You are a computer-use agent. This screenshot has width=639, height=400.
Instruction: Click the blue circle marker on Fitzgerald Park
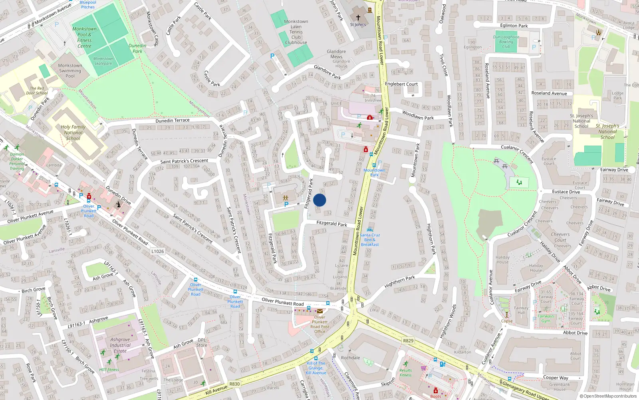pos(319,200)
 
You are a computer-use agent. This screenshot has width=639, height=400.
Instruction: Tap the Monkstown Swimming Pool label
pos(70,71)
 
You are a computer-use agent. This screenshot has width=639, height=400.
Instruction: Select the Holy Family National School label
pos(73,132)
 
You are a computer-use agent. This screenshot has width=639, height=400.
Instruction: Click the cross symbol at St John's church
pos(358,18)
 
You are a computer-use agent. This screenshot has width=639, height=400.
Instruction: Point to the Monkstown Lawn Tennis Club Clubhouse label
pos(296,32)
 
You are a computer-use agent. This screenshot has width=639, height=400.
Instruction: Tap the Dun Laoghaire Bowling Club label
pos(506,42)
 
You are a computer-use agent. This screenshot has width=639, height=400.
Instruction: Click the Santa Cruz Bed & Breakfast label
pos(370,240)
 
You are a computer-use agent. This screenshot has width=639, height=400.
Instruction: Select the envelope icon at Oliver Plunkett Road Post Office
pos(319,311)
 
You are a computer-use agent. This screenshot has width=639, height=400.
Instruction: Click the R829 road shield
pos(408,341)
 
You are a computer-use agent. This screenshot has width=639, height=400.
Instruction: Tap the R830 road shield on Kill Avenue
pos(234,384)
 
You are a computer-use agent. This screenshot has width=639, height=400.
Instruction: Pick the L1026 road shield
pos(158,251)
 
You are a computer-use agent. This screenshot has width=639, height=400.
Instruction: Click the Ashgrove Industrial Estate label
pos(120,345)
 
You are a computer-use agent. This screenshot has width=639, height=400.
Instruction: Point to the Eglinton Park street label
pos(514,26)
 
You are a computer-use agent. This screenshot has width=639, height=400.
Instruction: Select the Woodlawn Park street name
pos(418,116)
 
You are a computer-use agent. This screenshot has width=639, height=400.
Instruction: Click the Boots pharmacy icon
pos(435,391)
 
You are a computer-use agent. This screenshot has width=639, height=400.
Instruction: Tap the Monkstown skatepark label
pos(103,61)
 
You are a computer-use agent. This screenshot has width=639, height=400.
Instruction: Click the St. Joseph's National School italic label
pos(607,131)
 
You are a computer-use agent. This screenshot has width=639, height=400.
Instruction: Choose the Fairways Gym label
pos(546,318)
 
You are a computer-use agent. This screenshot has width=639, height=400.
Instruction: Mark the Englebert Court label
pos(401,84)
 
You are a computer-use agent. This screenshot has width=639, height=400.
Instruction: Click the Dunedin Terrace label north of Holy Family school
pos(173,120)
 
